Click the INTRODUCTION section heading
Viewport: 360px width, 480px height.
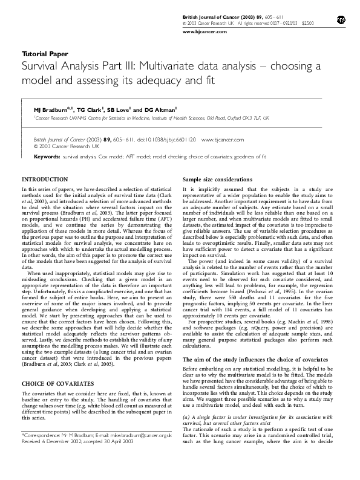45,180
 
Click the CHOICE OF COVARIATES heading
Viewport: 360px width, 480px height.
57,383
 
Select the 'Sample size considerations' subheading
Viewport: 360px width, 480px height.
218,180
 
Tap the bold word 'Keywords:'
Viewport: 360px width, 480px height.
47,156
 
